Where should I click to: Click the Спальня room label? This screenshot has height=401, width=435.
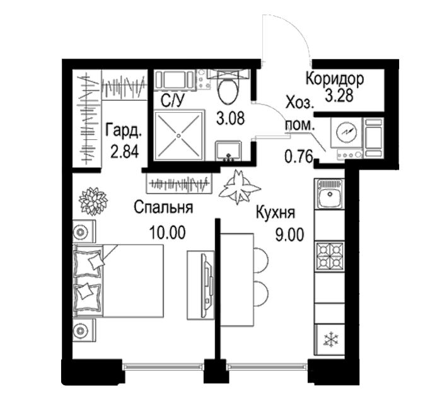[x=163, y=207]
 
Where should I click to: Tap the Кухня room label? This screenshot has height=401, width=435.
[x=275, y=213]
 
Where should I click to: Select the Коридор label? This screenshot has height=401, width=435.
[x=335, y=79]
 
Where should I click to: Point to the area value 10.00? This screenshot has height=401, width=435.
[x=167, y=233]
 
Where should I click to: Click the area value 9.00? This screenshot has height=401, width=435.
[x=289, y=235]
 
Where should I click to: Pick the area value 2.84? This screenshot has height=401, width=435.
[x=124, y=151]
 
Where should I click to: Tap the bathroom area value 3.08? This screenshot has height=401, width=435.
[x=231, y=118]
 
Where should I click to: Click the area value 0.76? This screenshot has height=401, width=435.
[x=299, y=156]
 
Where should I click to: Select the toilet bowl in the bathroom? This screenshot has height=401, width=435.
[x=228, y=87]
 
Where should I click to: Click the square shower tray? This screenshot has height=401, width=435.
[x=179, y=136]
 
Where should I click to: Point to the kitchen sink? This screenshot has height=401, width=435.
[x=330, y=194]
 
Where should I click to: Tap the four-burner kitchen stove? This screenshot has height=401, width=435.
[x=330, y=256]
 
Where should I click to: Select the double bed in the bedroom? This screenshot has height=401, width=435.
[x=118, y=281]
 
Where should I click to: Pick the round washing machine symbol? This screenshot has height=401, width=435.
[x=345, y=132]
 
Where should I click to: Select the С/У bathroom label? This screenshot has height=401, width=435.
[x=172, y=101]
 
